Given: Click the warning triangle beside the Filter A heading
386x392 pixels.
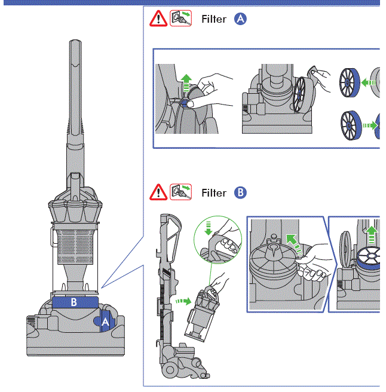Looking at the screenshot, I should coord(158,19).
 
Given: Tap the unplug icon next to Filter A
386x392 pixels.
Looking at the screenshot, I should coord(180,19).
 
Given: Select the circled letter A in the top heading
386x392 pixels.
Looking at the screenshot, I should coord(240,19).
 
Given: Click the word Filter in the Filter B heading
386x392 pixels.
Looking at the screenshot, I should coord(214,193).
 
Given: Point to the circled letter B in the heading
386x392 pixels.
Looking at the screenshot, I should coord(240,193).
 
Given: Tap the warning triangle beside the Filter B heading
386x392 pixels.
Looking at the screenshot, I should coord(158,192).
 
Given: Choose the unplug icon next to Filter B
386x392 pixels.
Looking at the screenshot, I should coord(180,192).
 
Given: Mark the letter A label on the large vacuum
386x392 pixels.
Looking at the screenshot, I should coord(106,321).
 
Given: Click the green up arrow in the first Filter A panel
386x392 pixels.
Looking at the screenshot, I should coord(186,81).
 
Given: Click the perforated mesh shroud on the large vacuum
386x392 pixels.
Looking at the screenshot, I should coord(73,246).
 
